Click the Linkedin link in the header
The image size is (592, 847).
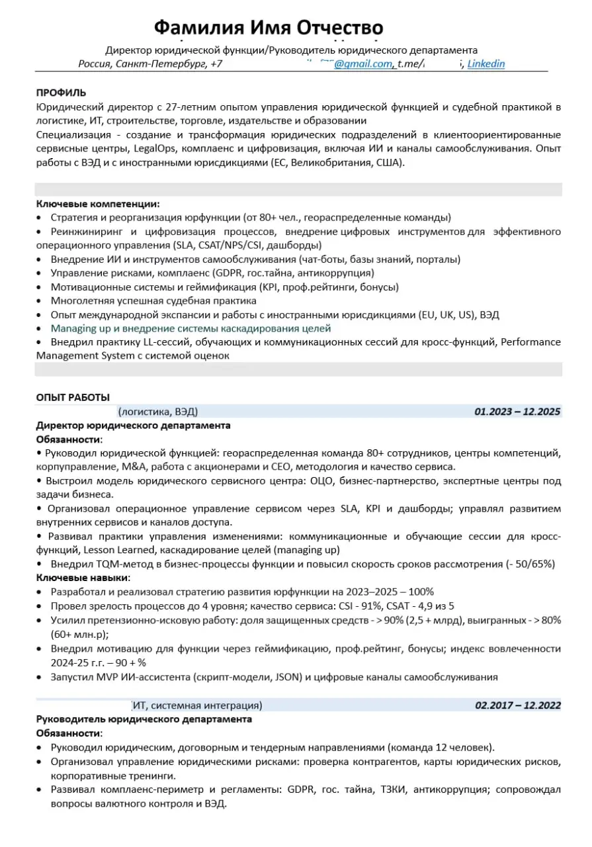click(x=486, y=64)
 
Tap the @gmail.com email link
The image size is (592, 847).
click(x=362, y=64)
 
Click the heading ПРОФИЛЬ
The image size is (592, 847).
click(x=61, y=93)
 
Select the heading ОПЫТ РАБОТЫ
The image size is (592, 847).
click(x=73, y=398)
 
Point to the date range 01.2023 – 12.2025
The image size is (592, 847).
click(x=517, y=412)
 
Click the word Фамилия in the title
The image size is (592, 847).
click(x=198, y=28)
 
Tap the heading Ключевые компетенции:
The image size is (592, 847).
click(x=98, y=204)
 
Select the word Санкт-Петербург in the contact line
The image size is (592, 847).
click(x=161, y=64)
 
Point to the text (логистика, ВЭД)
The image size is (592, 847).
click(x=157, y=412)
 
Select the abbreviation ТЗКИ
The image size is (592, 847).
click(x=395, y=790)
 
